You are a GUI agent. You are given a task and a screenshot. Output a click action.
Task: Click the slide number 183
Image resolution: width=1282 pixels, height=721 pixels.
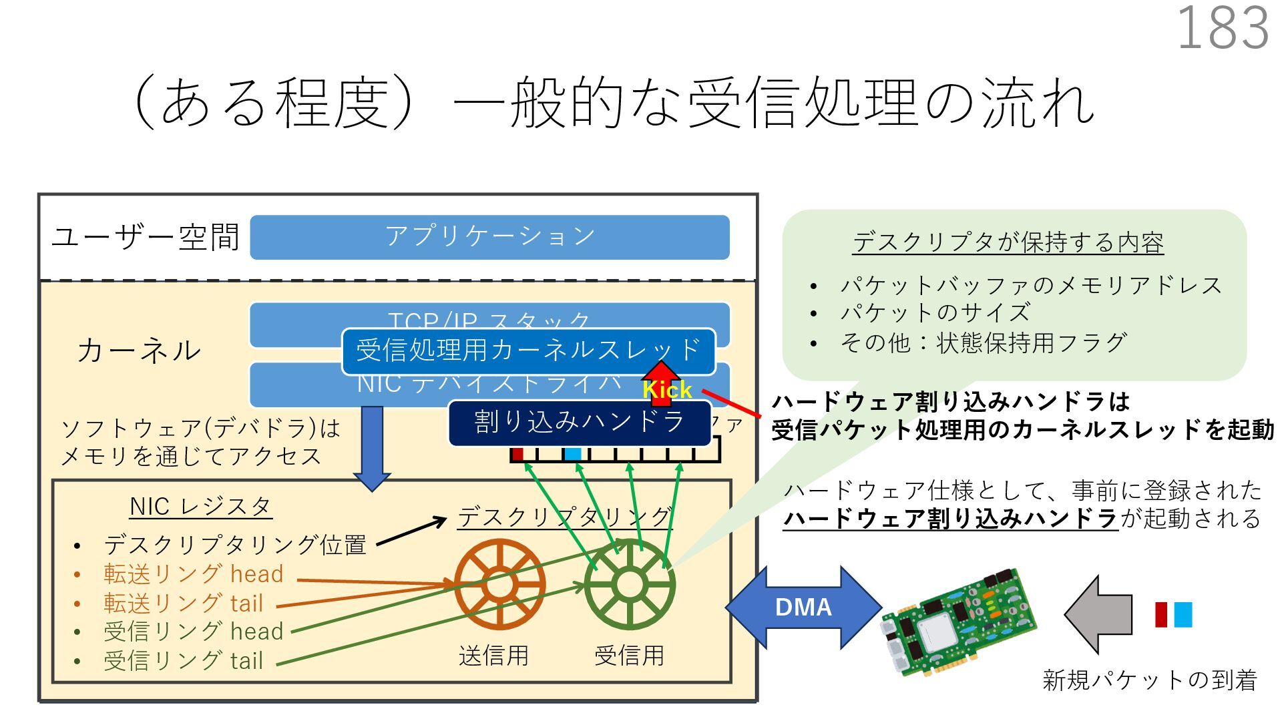coord(1223,29)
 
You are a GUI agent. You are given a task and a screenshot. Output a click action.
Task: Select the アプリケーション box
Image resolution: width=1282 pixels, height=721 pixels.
coord(489,237)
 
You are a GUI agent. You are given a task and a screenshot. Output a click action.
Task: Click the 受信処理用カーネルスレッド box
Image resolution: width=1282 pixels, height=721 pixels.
coord(527,350)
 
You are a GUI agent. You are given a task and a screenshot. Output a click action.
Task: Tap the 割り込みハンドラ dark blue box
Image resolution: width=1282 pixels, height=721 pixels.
coord(578,423)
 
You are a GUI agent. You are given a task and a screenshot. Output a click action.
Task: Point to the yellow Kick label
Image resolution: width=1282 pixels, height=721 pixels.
coord(667,390)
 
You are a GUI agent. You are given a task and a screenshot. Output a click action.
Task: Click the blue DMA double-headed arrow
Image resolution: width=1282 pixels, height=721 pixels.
coord(803,608)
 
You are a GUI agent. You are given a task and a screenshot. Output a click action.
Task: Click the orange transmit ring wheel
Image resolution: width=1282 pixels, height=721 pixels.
coord(499,584)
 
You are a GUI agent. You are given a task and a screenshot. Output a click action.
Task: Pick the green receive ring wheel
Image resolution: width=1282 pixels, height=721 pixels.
coord(629,584)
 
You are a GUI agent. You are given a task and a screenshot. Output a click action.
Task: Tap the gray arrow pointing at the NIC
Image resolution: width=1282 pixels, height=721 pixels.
coord(1098,614)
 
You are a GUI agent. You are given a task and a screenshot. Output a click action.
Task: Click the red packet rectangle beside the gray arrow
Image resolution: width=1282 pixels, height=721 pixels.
coord(1161,614)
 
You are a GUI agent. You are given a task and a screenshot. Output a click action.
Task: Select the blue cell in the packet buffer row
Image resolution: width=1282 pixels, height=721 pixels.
coord(573,455)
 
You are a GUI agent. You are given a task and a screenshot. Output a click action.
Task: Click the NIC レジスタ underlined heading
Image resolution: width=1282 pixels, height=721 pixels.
coord(200,507)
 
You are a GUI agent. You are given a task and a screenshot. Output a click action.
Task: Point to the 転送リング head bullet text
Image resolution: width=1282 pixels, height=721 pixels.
coord(194,574)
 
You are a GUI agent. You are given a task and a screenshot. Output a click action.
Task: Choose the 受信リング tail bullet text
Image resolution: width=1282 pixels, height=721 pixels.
coord(183,661)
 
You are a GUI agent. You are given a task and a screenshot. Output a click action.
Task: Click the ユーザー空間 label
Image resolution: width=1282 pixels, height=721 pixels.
coord(146,237)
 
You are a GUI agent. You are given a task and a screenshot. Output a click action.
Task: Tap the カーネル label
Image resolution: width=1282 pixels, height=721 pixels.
coord(139,350)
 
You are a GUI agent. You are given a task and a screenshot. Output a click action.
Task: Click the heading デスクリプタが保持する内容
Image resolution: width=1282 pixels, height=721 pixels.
coord(1008,242)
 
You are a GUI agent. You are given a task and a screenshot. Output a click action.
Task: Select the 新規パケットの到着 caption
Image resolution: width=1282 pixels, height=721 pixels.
coord(1149,680)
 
